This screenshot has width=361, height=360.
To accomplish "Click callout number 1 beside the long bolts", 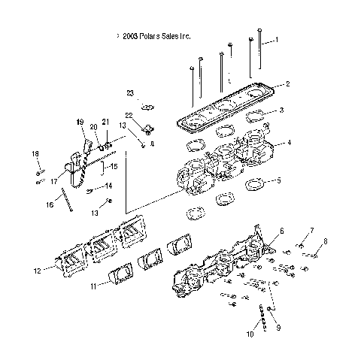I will coord(276,39).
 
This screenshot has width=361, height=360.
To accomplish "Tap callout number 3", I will coord(281,110).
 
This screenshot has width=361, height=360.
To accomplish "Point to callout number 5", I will coord(281,180).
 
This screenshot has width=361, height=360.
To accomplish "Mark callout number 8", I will coord(325,241).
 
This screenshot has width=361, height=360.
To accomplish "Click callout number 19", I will coord(80,122).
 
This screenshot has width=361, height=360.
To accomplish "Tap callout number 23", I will coord(129,92).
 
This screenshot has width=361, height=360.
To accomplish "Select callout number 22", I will coord(129,114).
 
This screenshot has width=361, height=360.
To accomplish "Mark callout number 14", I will coord(108,186).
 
